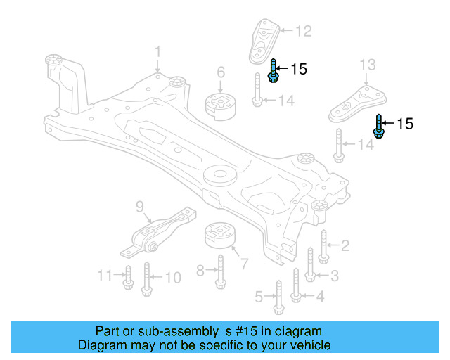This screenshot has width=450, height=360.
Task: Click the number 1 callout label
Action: pyautogui.click(x=158, y=51)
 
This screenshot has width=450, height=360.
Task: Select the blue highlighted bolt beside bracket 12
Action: pyautogui.click(x=274, y=70)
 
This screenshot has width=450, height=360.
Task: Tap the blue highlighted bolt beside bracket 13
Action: pyautogui.click(x=379, y=126)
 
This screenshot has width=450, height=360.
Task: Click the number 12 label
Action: pyautogui.click(x=302, y=31)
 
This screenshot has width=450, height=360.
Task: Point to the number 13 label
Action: pyautogui.click(x=368, y=65)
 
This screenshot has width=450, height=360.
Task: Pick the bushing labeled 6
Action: pyautogui.click(x=219, y=105)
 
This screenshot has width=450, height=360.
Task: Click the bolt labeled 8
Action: pyautogui.click(x=219, y=271)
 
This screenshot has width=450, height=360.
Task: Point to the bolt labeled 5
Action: pyautogui.click(x=278, y=297)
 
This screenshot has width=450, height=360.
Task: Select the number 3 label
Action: pyautogui.click(x=335, y=275)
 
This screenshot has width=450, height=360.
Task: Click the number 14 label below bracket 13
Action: pyautogui.click(x=366, y=145)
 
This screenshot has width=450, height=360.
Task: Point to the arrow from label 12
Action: pyautogui.click(x=286, y=31)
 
